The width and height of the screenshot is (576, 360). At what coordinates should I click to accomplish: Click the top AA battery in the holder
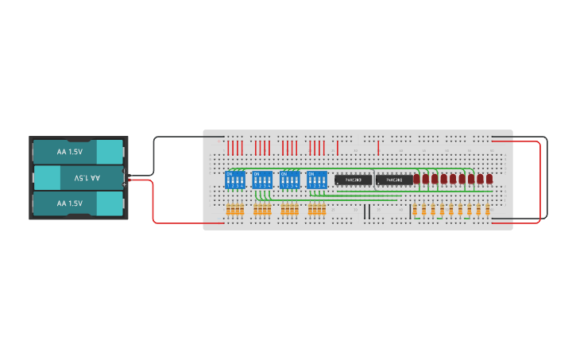pos(78,151)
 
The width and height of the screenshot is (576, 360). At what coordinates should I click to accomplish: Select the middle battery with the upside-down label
pos(78,177)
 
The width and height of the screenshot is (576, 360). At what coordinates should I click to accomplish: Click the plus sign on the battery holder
pos(125,184)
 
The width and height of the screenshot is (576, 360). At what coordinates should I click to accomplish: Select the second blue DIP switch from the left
pos(262,180)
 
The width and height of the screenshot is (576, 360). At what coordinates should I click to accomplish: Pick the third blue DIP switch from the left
pos(290,180)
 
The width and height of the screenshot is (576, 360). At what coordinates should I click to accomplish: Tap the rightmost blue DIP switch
pos(317,180)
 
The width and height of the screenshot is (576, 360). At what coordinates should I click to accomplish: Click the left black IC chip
pos(354,180)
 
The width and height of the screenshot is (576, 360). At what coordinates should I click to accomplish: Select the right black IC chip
pos(394,180)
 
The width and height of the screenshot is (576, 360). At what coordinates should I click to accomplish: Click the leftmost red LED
pos(417,180)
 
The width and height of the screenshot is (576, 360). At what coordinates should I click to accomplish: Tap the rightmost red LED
pos(489,180)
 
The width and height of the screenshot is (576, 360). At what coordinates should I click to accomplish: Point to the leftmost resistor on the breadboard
pos(228,210)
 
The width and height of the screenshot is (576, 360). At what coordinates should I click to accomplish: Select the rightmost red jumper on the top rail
pos(378,148)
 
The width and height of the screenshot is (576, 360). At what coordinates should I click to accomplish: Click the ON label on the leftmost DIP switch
pos(230,173)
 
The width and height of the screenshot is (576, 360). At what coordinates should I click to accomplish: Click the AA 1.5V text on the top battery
pos(70,151)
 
